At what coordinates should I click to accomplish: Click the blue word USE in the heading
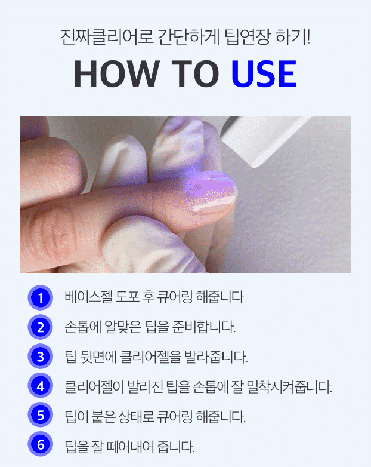264,73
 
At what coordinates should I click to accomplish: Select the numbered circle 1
41,297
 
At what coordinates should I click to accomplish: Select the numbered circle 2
41,327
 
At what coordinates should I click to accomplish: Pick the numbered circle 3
41,356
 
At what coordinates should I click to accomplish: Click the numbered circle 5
41,414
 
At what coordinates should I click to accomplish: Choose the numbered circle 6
41,444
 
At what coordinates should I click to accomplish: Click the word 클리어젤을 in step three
150,357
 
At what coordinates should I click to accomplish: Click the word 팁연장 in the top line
248,37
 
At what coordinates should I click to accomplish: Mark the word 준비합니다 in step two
204,327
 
